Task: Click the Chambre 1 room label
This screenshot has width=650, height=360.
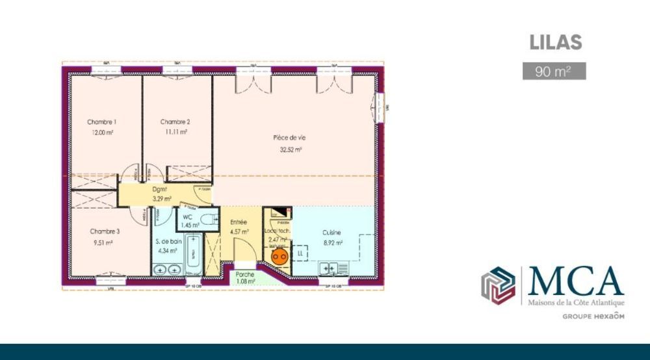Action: pos(102,122)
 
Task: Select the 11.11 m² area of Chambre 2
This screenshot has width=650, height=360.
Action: pos(175,132)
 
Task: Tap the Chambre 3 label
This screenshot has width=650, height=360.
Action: pos(105,231)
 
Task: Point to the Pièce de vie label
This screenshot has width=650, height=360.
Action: pos(289,138)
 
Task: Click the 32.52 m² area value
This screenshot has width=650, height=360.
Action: pos(290,149)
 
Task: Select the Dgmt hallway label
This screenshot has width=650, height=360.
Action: pos(160,190)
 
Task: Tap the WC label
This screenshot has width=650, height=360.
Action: pos(187,216)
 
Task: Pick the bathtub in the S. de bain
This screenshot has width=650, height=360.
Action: pos(193,256)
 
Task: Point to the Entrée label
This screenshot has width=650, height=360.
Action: pos(239,222)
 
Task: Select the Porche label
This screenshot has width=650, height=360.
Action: pos(244,274)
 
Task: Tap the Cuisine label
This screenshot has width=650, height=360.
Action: pos(331,233)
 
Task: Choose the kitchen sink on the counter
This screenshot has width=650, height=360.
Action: pos(329,268)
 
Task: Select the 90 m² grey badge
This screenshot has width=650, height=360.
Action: pos(554,71)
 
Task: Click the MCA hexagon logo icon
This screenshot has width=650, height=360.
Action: pos(498,285)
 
